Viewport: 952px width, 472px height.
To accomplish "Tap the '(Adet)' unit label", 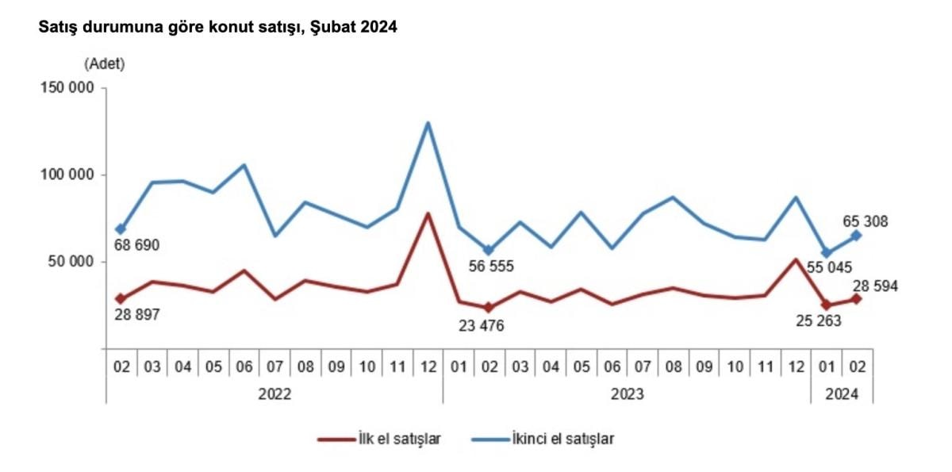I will click(105, 63).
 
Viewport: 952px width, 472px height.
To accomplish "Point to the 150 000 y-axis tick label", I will click(67, 88).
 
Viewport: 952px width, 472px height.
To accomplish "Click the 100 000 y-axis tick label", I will click(67, 175).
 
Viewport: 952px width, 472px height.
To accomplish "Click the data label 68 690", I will click(137, 246).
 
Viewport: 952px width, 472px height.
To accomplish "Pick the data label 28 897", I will click(137, 315).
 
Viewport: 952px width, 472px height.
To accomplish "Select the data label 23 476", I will click(482, 325).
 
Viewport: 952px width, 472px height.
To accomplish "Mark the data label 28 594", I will click(874, 286).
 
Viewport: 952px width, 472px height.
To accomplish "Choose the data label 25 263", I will click(818, 320).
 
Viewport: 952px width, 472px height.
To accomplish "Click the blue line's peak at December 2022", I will click(428, 123).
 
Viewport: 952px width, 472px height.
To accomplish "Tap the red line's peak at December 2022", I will click(428, 213).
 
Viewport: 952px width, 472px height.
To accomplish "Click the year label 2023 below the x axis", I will click(628, 393).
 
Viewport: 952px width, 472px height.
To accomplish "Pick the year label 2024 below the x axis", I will click(842, 393).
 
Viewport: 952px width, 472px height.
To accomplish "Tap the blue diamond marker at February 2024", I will click(857, 236).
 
